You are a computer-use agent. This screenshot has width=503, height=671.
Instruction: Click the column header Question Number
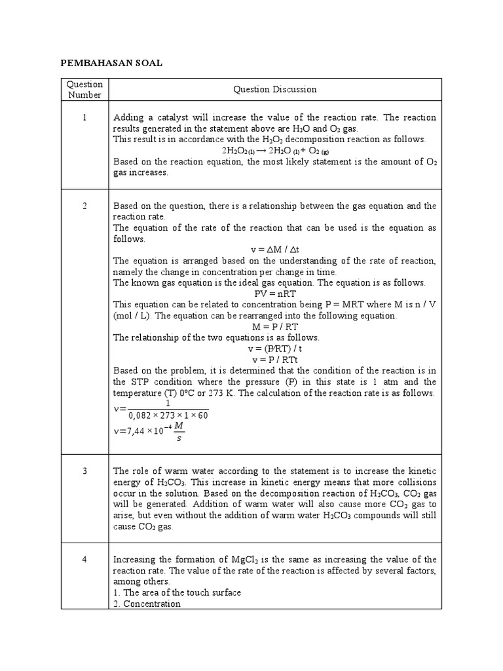pos(84,89)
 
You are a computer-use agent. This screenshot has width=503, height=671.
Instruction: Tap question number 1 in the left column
pos(84,117)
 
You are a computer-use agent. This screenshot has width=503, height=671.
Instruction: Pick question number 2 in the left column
pos(84,206)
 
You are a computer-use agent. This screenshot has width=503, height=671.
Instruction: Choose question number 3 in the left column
pos(84,471)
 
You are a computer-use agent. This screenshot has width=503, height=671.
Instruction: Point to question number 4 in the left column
pos(84,560)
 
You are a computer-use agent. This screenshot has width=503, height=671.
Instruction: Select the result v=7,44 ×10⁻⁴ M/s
pos(147,432)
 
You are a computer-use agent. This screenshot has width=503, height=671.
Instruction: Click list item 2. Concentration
pos(147,604)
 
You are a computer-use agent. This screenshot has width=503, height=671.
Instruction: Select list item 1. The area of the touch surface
pos(177,592)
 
